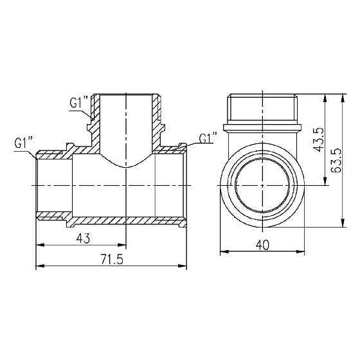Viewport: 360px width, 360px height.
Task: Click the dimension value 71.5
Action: tap(112, 259)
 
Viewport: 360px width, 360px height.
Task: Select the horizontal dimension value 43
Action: tap(83, 238)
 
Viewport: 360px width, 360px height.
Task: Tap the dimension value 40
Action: tap(261, 245)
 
